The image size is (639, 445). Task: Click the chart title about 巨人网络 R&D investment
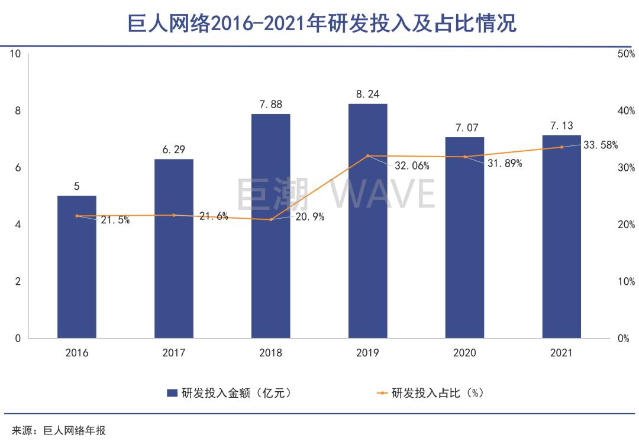pos(322,23)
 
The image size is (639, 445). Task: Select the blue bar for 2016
pos(77,267)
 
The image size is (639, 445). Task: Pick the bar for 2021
pos(561,236)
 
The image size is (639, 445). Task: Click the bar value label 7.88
pos(270,105)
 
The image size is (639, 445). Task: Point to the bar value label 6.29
pos(173,150)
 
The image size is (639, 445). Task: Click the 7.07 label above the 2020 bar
pos(464,128)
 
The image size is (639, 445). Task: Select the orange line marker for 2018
pos(270,220)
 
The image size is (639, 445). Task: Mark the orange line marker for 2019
pos(367,156)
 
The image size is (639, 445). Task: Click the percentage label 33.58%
pos(601,145)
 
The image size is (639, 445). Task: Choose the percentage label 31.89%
pos(504,164)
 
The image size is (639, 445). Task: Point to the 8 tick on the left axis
pos(17,111)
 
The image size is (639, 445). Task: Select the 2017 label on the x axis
pos(173,353)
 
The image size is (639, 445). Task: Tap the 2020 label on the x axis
pos(464,353)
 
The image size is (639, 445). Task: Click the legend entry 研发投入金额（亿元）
pos(228,393)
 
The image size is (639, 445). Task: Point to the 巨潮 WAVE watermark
pos(335,193)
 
